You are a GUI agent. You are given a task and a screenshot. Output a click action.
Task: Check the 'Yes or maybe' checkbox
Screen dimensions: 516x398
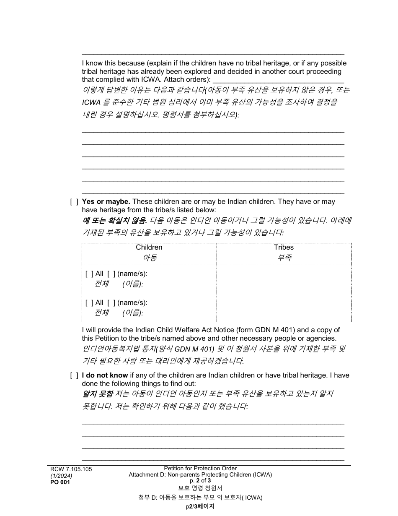point(74,202)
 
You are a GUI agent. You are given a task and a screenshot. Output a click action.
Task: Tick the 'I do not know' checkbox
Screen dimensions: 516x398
point(74,375)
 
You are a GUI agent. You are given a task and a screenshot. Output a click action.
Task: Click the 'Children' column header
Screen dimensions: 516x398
point(149,248)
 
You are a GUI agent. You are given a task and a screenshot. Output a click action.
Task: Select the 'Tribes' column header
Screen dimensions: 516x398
point(284,248)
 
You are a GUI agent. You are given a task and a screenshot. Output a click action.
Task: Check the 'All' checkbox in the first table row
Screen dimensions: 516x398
point(89,274)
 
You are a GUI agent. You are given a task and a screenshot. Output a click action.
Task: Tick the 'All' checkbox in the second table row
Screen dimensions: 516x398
point(89,303)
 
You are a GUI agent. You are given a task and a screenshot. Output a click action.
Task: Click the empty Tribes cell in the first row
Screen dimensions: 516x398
point(284,279)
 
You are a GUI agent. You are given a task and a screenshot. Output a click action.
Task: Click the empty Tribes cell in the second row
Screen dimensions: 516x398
point(284,308)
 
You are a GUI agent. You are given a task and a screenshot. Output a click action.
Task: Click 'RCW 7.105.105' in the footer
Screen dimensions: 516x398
point(69,469)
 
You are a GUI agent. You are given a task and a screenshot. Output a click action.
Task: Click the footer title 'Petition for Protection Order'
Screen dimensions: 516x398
point(200,468)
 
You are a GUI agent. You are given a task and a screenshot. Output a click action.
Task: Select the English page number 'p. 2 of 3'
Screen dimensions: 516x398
point(200,481)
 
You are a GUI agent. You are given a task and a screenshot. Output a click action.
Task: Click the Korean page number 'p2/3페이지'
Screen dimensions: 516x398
point(200,506)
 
